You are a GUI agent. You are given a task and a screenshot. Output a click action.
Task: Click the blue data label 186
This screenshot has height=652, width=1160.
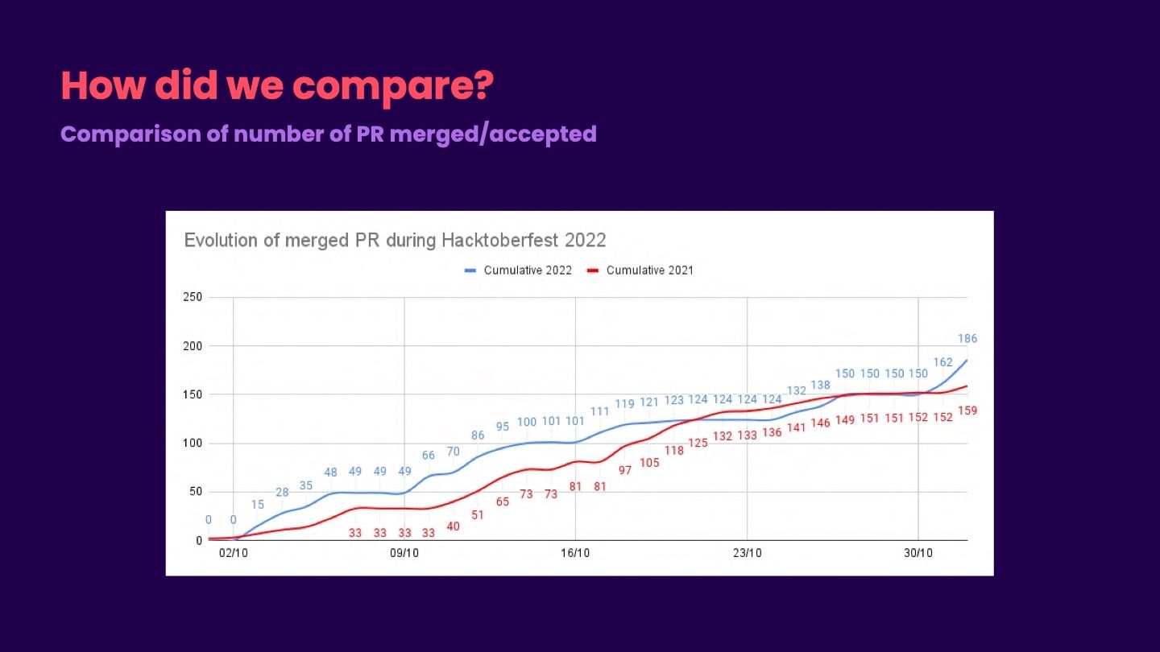(x=967, y=339)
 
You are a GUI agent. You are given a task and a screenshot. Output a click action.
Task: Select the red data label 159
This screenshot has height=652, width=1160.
(x=967, y=411)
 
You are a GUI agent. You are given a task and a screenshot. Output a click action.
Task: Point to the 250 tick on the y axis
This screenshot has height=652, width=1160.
(x=193, y=298)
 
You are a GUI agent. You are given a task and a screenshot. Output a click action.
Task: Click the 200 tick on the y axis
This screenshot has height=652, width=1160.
(x=193, y=346)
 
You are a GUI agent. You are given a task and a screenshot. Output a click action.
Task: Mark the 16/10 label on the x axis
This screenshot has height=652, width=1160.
(x=575, y=554)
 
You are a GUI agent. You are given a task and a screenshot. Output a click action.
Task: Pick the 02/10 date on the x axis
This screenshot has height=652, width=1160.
(x=233, y=554)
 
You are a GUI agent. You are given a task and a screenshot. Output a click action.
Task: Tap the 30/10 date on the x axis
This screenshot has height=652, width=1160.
(x=918, y=554)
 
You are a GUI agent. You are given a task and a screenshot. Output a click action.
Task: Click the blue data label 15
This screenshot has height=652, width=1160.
(x=258, y=505)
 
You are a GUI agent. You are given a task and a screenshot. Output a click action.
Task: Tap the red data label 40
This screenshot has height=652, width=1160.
(x=454, y=526)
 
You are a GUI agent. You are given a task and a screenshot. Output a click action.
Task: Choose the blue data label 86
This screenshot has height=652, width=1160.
(x=478, y=435)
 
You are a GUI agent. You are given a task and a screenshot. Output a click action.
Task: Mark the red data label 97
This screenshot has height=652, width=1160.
(x=625, y=470)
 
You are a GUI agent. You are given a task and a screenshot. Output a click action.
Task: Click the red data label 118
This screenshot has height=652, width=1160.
(x=674, y=451)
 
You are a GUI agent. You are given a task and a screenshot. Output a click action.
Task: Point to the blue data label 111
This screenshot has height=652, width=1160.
(x=600, y=411)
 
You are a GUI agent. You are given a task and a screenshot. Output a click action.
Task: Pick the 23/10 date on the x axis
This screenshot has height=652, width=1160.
(x=747, y=554)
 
